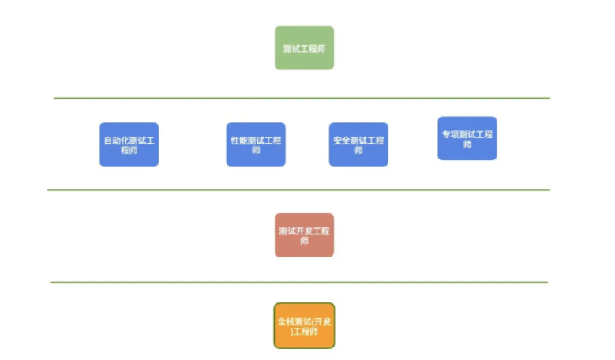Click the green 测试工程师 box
[304, 48]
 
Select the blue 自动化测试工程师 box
[129, 144]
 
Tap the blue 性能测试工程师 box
[255, 144]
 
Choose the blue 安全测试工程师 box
[358, 144]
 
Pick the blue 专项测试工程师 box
[467, 139]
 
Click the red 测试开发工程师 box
[304, 235]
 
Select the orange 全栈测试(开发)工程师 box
[304, 325]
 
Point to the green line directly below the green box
[302, 99]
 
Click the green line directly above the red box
[298, 190]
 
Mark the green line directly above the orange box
[298, 282]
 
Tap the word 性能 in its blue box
[238, 141]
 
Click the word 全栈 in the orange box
[285, 321]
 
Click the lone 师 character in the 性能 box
[255, 150]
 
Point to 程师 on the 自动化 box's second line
[129, 150]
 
